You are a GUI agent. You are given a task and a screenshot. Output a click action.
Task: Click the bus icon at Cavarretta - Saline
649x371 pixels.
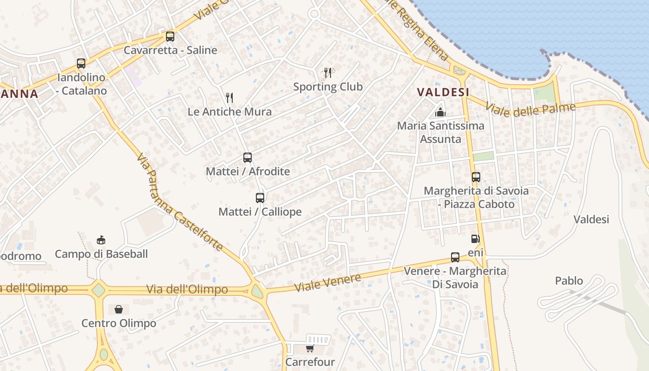click(170, 37)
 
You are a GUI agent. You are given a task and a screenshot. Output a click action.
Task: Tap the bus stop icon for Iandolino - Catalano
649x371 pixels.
click(81, 64)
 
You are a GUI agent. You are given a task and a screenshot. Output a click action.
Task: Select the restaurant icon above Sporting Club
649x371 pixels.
click(328, 73)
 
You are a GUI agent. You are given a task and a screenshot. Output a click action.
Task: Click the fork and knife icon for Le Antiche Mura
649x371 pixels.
click(229, 97)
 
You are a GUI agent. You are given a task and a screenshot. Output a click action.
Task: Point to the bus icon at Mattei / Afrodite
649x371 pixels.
click(248, 158)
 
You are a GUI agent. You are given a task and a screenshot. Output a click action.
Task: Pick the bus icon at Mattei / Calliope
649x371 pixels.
click(260, 198)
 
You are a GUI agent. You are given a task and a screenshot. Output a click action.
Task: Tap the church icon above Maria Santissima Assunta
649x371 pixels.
click(440, 112)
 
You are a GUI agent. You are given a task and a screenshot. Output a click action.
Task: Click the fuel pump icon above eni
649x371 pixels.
click(475, 239)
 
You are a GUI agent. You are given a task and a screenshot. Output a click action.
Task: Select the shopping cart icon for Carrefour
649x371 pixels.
click(310, 348)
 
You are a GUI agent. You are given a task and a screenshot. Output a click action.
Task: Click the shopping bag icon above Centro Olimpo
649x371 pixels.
click(119, 309)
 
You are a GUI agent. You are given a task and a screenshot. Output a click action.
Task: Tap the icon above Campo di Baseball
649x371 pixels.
click(101, 240)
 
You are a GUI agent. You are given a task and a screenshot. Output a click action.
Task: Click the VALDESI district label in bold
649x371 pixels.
click(443, 92)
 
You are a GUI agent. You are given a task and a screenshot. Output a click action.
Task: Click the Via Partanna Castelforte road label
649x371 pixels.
click(180, 202)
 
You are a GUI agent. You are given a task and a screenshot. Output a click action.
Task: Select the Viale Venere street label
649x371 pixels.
click(328, 283)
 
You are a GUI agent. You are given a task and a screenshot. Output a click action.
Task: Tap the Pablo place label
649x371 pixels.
click(569, 281)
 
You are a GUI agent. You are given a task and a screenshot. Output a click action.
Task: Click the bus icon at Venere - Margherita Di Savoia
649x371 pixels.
click(455, 257)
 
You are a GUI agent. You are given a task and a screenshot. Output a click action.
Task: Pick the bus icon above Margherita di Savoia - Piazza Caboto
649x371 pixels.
click(476, 177)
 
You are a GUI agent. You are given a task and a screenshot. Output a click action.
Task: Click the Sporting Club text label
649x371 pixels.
click(328, 87)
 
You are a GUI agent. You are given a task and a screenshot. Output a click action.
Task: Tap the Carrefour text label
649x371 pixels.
click(310, 362)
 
